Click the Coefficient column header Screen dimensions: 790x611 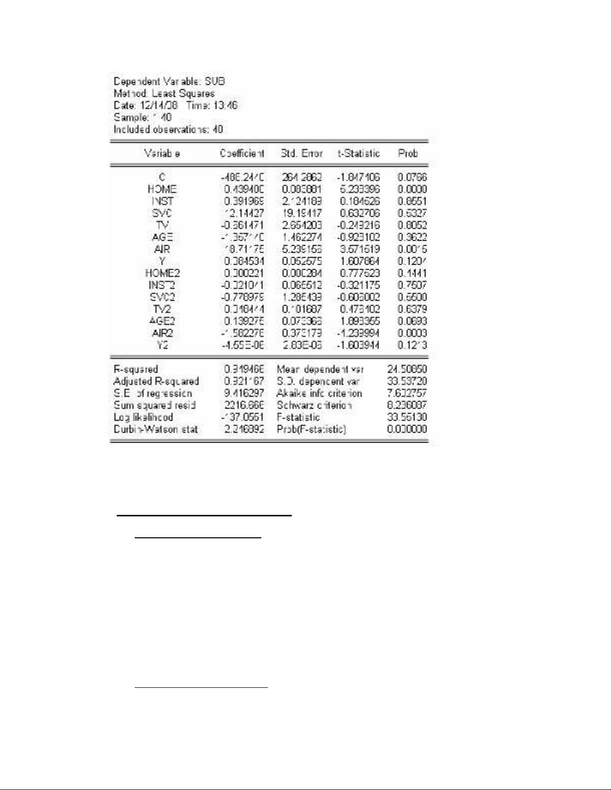click(x=242, y=154)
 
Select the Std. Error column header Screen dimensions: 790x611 click(x=302, y=154)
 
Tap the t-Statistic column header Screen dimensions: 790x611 click(x=359, y=154)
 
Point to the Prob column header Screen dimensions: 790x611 click(x=407, y=154)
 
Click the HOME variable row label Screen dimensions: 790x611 click(x=162, y=189)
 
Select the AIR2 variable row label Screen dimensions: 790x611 click(x=162, y=333)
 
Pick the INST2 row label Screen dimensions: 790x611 click(x=162, y=285)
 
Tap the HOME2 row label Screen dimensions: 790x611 click(x=162, y=273)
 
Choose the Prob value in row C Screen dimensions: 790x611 click(x=412, y=177)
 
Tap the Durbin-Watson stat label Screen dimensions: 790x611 click(x=156, y=429)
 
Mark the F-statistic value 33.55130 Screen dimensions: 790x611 click(x=407, y=417)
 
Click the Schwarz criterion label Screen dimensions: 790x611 click(x=314, y=405)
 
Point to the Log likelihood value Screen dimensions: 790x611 click(x=243, y=417)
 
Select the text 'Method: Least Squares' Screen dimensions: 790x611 click(x=164, y=94)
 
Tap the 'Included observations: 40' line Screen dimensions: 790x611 click(x=169, y=130)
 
